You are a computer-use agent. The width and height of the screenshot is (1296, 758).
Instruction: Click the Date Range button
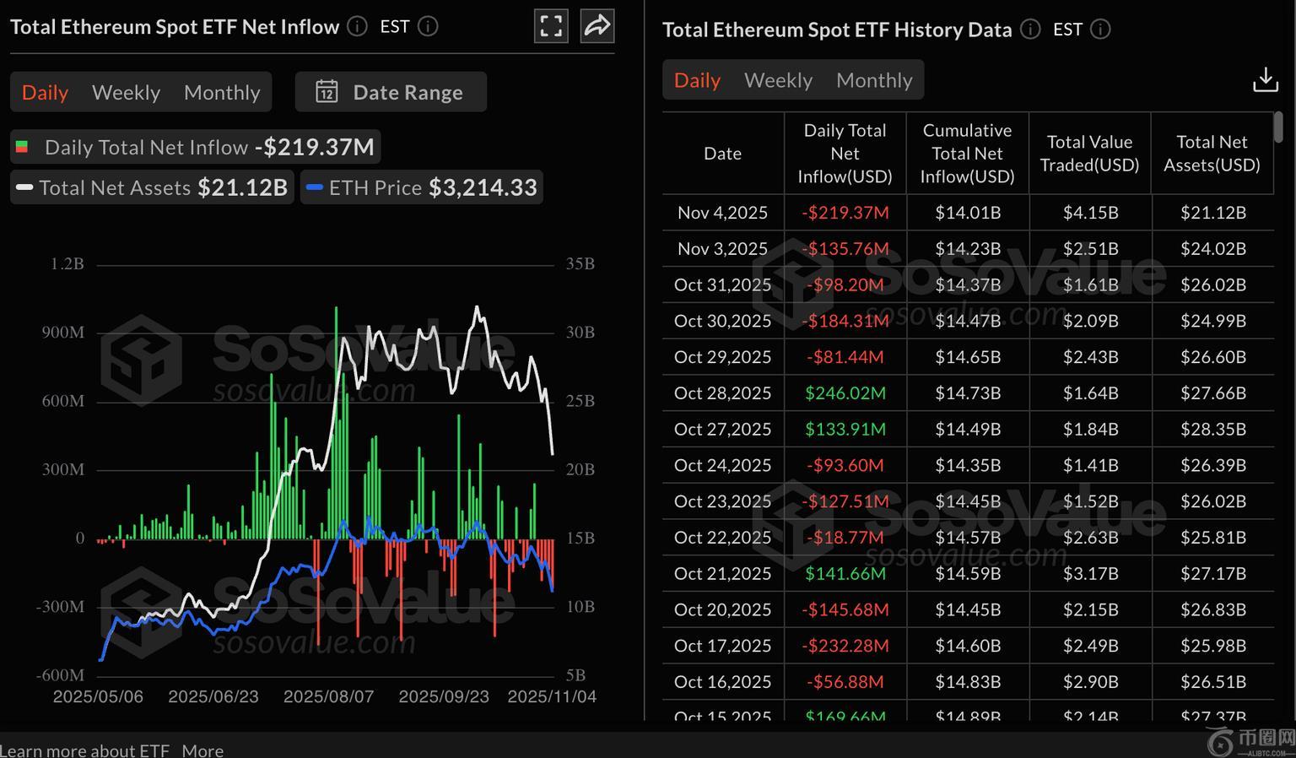pyautogui.click(x=391, y=92)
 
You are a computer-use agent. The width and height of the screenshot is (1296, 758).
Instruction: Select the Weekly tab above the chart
pyautogui.click(x=126, y=92)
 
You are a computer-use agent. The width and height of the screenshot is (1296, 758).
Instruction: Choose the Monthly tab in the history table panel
pyautogui.click(x=874, y=80)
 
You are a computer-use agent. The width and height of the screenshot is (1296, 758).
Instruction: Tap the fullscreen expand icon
pyautogui.click(x=551, y=26)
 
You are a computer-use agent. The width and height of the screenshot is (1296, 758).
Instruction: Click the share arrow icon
pyautogui.click(x=597, y=26)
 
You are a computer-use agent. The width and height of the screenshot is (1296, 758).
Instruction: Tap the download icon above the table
pyautogui.click(x=1265, y=80)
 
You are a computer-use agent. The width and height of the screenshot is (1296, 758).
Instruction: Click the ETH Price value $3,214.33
pyautogui.click(x=483, y=187)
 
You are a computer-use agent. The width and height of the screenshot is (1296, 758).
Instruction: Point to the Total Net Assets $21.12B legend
pyautogui.click(x=153, y=187)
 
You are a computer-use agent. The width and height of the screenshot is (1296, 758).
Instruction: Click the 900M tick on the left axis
pyautogui.click(x=63, y=333)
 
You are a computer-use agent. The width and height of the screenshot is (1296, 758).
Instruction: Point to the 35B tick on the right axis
pyautogui.click(x=580, y=264)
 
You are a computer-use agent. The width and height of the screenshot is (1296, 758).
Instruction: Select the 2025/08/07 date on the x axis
pyautogui.click(x=328, y=696)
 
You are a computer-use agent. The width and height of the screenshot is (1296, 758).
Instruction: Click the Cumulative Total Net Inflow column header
pyautogui.click(x=967, y=153)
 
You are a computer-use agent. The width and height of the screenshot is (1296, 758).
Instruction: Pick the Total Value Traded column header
pyautogui.click(x=1089, y=153)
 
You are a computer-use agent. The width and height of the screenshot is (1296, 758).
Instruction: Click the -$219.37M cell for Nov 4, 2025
pyautogui.click(x=845, y=213)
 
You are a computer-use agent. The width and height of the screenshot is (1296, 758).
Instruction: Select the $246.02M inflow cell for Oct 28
pyautogui.click(x=845, y=393)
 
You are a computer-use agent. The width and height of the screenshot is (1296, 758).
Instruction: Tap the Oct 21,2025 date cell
pyautogui.click(x=722, y=574)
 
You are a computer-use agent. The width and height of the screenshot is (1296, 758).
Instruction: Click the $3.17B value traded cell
pyautogui.click(x=1090, y=574)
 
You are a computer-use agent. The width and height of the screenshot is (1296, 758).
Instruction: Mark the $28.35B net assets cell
pyautogui.click(x=1212, y=430)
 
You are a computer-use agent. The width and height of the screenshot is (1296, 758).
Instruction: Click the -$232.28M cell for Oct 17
pyautogui.click(x=845, y=646)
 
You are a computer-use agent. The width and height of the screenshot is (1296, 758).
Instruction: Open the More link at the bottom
pyautogui.click(x=202, y=750)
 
